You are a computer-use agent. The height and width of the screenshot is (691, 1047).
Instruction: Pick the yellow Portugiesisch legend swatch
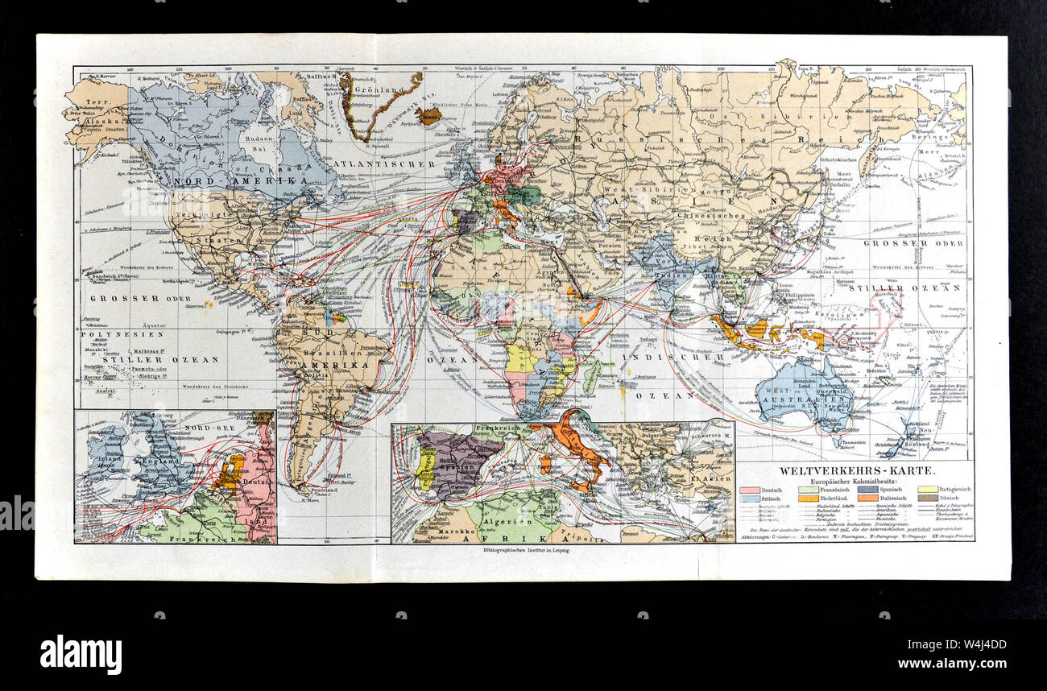(x=929, y=488)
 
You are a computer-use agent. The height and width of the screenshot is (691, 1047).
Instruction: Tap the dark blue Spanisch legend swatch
(x=868, y=488)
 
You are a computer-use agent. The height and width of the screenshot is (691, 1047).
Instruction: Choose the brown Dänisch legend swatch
(x=929, y=498)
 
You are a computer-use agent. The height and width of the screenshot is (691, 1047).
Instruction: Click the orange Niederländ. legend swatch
(x=809, y=498)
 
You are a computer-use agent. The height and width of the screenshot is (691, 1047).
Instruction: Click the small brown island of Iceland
(x=428, y=117)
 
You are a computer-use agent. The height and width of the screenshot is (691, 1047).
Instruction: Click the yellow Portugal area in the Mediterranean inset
(x=424, y=470)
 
